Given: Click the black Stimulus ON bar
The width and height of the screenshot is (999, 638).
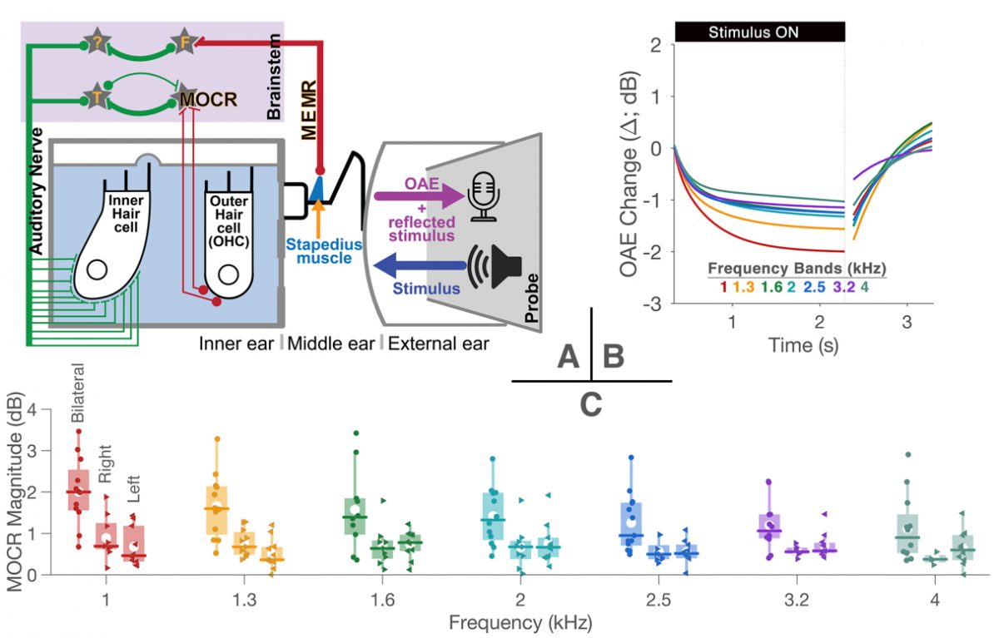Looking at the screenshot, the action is (759, 32).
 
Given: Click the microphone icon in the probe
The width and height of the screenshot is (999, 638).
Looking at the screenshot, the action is (483, 196).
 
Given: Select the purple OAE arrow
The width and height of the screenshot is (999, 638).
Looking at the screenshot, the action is (420, 196).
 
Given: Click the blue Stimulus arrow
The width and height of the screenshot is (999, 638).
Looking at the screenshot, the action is (420, 266).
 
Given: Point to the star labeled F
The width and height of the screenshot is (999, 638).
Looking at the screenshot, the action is (184, 41).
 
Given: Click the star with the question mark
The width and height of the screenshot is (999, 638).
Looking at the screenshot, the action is (97, 41).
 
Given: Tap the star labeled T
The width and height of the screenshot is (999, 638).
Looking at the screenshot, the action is (97, 96).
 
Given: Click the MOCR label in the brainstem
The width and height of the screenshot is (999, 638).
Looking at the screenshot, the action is (208, 100).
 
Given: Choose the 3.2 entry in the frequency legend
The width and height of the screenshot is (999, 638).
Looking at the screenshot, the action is (844, 287).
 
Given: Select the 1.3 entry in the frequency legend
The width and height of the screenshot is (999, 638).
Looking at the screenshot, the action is (743, 287).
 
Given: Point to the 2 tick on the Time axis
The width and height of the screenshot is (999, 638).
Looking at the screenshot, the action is (819, 322).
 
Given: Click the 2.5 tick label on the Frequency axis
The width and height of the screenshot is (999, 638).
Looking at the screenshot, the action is (659, 600).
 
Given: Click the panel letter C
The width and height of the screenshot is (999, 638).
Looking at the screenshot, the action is (591, 405).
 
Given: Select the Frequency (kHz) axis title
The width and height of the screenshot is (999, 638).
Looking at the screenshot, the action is (520, 623).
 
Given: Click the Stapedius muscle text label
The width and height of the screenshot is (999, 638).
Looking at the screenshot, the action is (324, 251).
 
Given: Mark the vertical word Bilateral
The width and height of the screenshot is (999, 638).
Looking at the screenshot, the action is (77, 393).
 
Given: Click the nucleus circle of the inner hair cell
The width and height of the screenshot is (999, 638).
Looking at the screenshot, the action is (97, 270).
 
